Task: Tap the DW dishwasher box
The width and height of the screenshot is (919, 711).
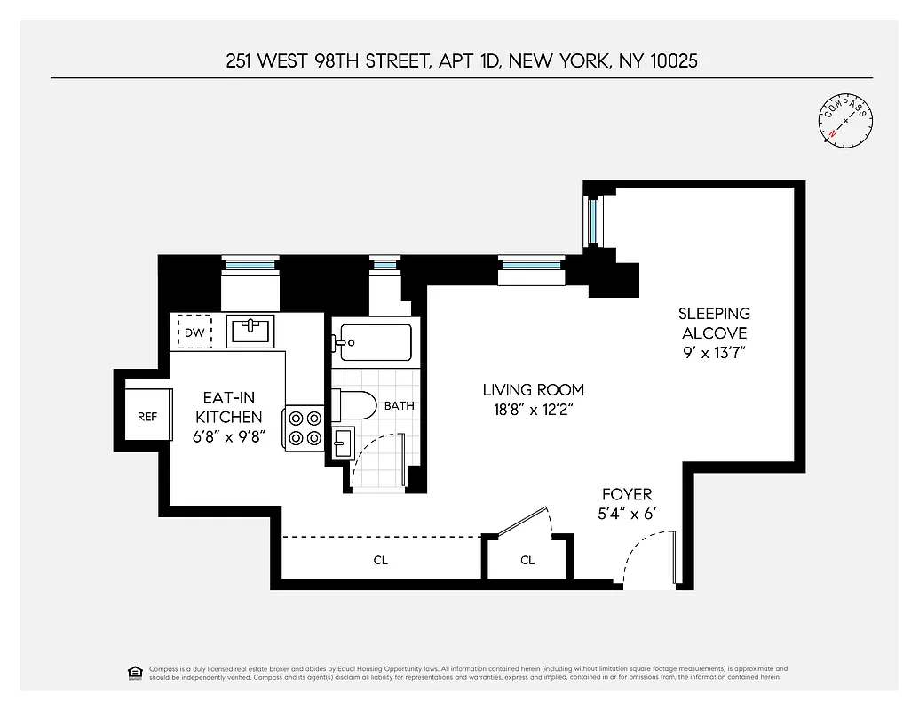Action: [x=194, y=333]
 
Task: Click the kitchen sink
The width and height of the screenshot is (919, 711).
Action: [x=250, y=332]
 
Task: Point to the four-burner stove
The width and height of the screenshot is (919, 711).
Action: [x=304, y=427]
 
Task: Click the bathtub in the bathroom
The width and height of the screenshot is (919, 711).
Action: [x=373, y=342]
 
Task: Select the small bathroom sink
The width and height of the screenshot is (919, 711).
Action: [x=343, y=442]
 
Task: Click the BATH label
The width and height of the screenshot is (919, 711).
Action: [x=399, y=406]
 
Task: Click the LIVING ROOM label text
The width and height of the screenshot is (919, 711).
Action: [x=533, y=389]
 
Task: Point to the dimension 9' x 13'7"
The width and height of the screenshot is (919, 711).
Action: [x=714, y=353]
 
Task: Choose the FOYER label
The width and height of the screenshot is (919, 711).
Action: [x=627, y=494]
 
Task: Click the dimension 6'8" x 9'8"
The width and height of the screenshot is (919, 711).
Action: [x=228, y=436]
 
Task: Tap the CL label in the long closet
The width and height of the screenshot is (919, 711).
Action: [x=381, y=561]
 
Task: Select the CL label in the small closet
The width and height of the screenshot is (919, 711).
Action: [x=527, y=561]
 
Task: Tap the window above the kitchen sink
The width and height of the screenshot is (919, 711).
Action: [x=250, y=263]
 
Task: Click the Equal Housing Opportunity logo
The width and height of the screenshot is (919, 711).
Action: [x=136, y=672]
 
